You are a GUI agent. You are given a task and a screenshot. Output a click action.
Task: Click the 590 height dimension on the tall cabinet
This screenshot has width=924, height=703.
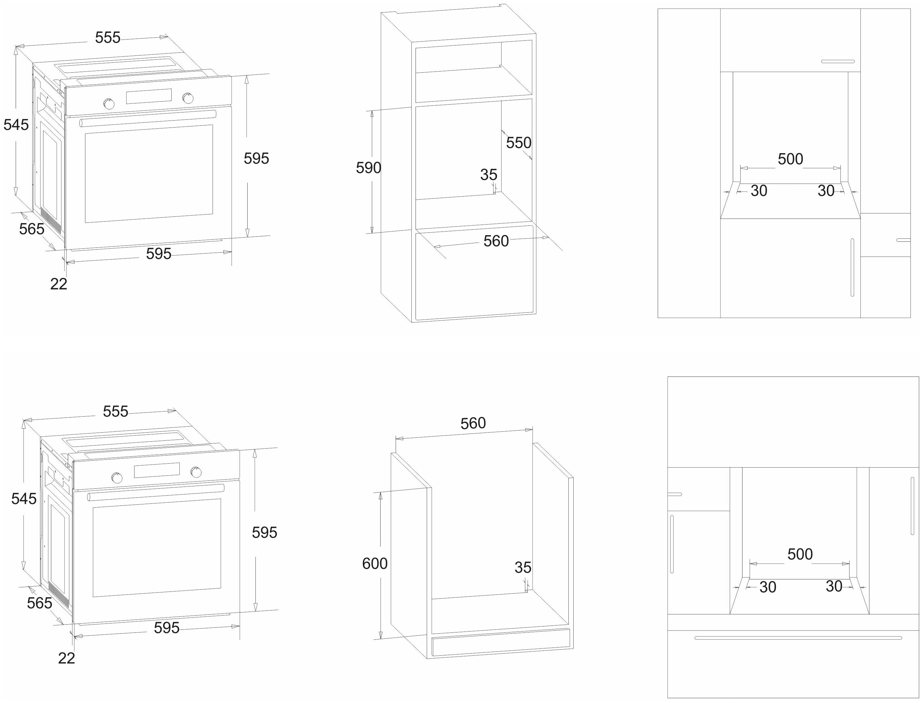[369, 168]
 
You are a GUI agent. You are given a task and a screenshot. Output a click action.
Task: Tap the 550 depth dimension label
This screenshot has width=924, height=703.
[519, 143]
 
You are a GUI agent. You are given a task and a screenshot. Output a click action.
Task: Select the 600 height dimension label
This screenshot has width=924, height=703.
[375, 564]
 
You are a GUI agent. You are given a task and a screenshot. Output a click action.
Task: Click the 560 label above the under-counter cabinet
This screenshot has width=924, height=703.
[473, 424]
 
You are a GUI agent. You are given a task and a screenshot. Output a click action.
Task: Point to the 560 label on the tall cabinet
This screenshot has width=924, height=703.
[496, 241]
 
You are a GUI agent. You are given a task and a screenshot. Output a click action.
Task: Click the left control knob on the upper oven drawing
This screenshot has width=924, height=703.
[109, 103]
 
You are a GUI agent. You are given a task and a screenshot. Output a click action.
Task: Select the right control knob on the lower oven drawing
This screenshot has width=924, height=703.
[195, 472]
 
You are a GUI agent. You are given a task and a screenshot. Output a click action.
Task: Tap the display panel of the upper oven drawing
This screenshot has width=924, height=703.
[149, 96]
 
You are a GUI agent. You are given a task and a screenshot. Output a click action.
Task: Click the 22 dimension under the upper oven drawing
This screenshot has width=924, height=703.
[59, 284]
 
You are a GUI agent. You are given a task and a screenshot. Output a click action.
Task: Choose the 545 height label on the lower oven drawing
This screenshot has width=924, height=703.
[24, 498]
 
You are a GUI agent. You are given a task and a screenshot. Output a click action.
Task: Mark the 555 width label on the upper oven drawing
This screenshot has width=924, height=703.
[108, 38]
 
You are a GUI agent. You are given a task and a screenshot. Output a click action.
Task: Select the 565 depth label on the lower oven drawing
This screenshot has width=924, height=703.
[40, 603]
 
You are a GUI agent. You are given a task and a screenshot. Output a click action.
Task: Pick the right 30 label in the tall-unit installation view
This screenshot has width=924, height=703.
[826, 191]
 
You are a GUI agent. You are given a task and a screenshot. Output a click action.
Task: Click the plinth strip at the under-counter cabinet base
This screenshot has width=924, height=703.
[501, 642]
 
